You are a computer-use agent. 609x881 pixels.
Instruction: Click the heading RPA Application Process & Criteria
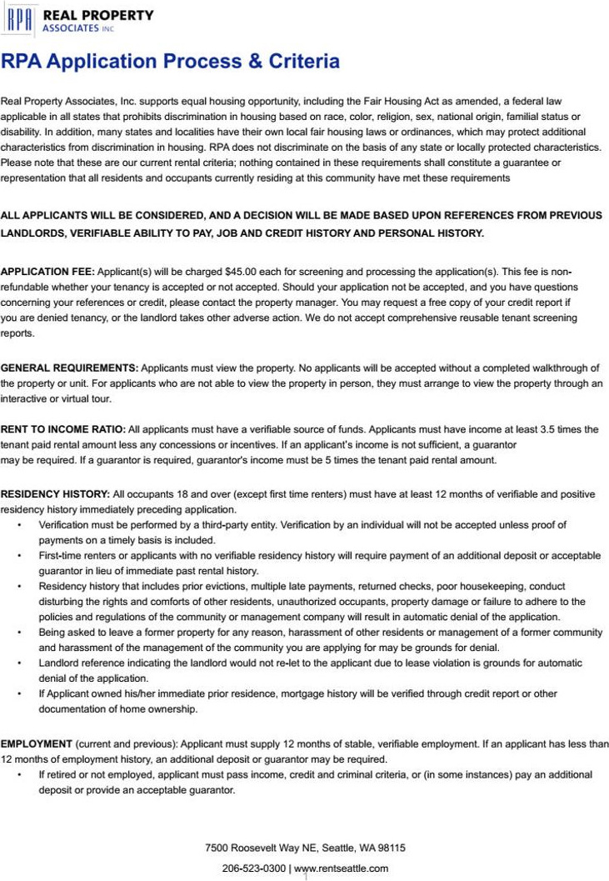pyautogui.click(x=170, y=62)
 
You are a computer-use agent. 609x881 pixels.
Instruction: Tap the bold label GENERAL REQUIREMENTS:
pyautogui.click(x=69, y=368)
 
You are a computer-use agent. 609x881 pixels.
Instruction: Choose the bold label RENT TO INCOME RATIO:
pyautogui.click(x=63, y=429)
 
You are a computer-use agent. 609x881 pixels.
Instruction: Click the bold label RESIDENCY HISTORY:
pyautogui.click(x=55, y=494)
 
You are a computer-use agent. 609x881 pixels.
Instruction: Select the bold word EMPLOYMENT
pyautogui.click(x=36, y=743)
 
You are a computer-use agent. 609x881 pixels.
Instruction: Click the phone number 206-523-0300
pyautogui.click(x=254, y=868)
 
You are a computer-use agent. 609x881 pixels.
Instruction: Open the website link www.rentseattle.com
pyautogui.click(x=342, y=868)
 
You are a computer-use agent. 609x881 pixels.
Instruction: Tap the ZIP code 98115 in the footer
pyautogui.click(x=392, y=848)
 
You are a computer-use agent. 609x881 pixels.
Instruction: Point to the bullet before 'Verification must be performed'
pyautogui.click(x=19, y=525)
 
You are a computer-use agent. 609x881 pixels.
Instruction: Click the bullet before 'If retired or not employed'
pyautogui.click(x=19, y=774)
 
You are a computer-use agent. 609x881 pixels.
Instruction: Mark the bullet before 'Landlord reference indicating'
pyautogui.click(x=19, y=663)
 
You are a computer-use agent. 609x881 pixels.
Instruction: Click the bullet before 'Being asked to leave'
pyautogui.click(x=19, y=633)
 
